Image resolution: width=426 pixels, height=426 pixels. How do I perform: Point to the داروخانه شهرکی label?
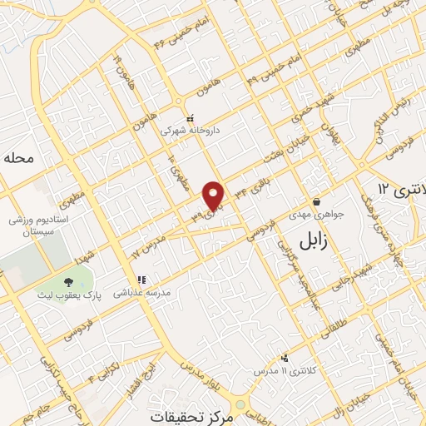point(182,130)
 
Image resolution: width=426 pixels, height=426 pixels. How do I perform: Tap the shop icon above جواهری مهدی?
point(316,201)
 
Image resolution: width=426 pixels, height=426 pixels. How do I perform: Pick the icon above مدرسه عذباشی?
point(141,280)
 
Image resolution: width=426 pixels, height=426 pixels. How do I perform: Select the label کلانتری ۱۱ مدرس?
point(279,369)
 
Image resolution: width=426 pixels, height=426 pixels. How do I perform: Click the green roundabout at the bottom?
point(240,404)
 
